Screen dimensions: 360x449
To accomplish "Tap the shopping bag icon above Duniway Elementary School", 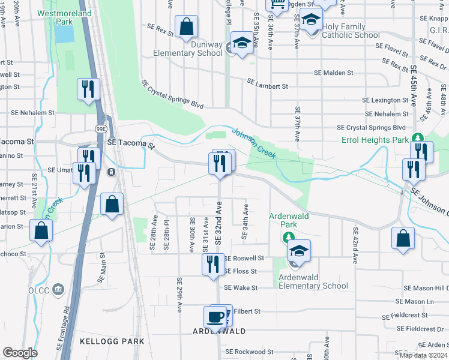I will (x=187, y=26).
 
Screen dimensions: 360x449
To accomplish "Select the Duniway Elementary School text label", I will (x=188, y=49).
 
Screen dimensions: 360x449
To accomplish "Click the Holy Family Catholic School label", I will (x=351, y=31).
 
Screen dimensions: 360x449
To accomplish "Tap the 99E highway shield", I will (x=100, y=128).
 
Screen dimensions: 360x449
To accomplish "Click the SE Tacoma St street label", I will (x=131, y=144).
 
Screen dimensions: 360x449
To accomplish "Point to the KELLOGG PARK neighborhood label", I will (x=112, y=341).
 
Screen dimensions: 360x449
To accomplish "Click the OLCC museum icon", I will (x=58, y=290).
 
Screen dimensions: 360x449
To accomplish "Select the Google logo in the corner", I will (x=20, y=353).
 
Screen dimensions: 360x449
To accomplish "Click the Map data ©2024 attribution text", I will (x=423, y=355).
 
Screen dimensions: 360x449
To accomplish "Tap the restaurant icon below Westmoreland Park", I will (x=88, y=89).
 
